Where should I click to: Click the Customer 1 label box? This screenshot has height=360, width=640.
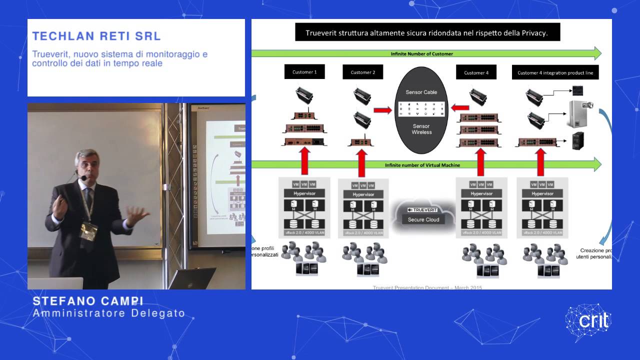click(x=304, y=72)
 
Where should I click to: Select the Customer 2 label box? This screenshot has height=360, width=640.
click(x=362, y=72)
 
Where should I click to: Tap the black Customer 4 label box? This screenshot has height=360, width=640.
click(x=475, y=72)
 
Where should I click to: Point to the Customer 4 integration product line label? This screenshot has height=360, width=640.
click(x=555, y=72)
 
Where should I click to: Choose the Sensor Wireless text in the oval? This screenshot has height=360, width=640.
click(x=421, y=129)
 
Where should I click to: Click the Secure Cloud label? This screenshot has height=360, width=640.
click(x=423, y=219)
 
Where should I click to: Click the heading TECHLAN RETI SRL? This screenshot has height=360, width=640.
click(x=96, y=36)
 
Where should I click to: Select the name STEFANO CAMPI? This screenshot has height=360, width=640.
click(x=88, y=301)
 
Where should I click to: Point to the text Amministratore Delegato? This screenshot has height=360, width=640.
click(x=108, y=314)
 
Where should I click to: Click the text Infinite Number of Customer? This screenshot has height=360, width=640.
click(x=421, y=53)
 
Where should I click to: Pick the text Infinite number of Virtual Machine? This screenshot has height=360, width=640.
click(x=422, y=165)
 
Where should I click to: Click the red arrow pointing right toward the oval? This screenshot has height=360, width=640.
click(x=382, y=110)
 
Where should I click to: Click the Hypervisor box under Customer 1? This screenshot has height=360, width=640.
click(x=303, y=193)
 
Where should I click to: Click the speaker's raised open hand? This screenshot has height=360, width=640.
click(x=135, y=215)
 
